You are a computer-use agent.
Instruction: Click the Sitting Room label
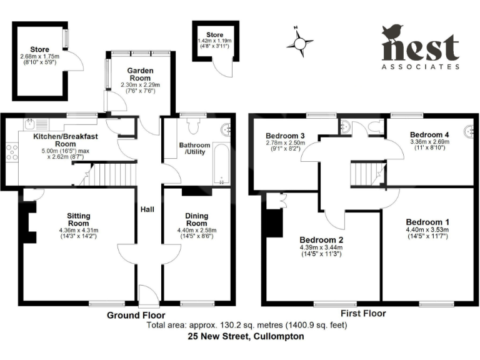click(x=79, y=220)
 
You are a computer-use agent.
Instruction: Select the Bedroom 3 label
click(x=285, y=136)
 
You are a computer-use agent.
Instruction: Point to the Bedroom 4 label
click(x=429, y=134)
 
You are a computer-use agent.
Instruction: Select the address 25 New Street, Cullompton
click(x=246, y=336)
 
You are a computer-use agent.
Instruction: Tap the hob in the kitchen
click(x=11, y=152)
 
